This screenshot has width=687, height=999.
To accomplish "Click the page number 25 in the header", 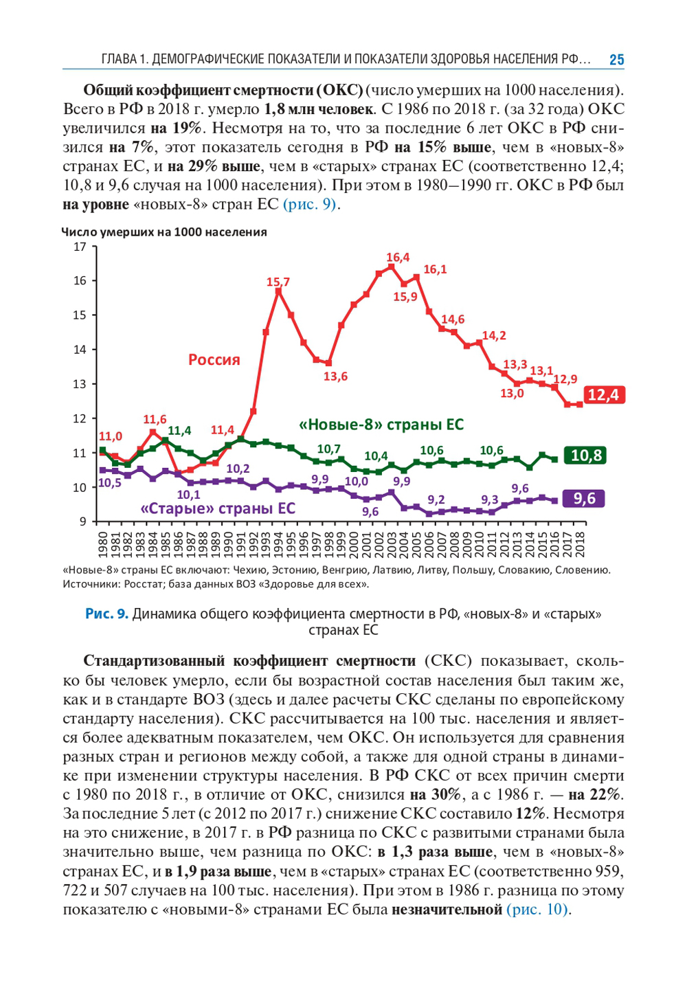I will point(616,60).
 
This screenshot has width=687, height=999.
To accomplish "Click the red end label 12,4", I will point(602,395).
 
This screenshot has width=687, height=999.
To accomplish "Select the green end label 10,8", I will point(585,456).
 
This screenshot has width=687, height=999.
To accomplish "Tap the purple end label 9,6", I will point(584,499).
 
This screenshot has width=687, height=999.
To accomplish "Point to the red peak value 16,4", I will point(398,258).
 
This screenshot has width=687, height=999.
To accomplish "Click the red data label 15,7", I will point(278,282).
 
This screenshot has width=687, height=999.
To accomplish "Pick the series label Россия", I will point(214,360).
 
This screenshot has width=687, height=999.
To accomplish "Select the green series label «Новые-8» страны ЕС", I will point(381,425).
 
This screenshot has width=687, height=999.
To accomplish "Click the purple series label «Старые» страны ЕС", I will point(218,508).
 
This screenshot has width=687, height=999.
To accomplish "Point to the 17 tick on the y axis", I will point(80,247).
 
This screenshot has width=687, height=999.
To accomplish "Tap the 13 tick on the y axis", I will point(80,384).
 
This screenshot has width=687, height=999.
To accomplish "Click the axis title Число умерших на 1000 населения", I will point(164,232).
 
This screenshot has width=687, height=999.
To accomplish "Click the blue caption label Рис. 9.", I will point(106,614).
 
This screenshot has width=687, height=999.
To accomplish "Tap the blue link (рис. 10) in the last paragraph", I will point(538,910).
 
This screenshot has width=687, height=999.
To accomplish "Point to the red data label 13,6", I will point(335,377).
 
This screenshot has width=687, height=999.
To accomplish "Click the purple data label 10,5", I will point(109,482).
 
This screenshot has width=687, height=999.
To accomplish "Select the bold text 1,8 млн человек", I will point(318,109).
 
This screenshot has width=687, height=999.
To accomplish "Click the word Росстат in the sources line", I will point(132,584).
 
